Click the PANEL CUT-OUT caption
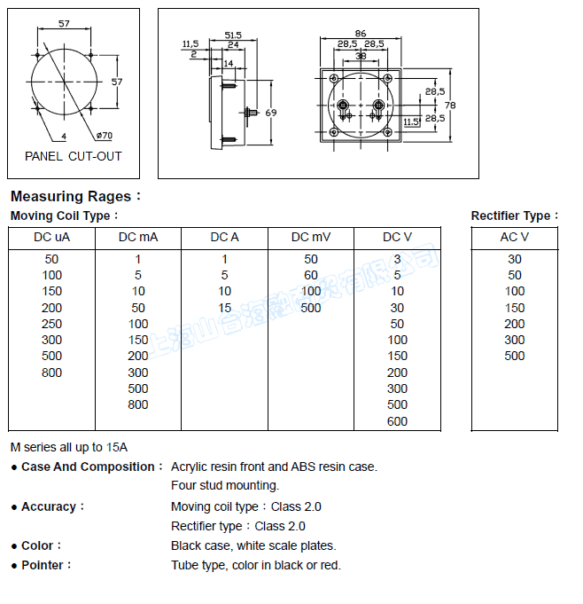[x=73, y=156]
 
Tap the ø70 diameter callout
[x=103, y=136]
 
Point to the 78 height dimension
[x=451, y=105]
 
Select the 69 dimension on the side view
[x=271, y=113]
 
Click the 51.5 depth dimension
[x=233, y=35]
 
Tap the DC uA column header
[x=51, y=237]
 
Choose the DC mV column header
[x=311, y=237]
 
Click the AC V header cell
[x=515, y=237]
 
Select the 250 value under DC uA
[x=51, y=324]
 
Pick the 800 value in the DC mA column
[x=138, y=404]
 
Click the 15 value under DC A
[x=225, y=308]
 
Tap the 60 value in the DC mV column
[x=311, y=275]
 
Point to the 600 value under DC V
[x=397, y=421]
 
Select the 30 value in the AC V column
[x=515, y=259]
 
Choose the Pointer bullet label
[x=47, y=565]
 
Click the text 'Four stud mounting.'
[x=225, y=485]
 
